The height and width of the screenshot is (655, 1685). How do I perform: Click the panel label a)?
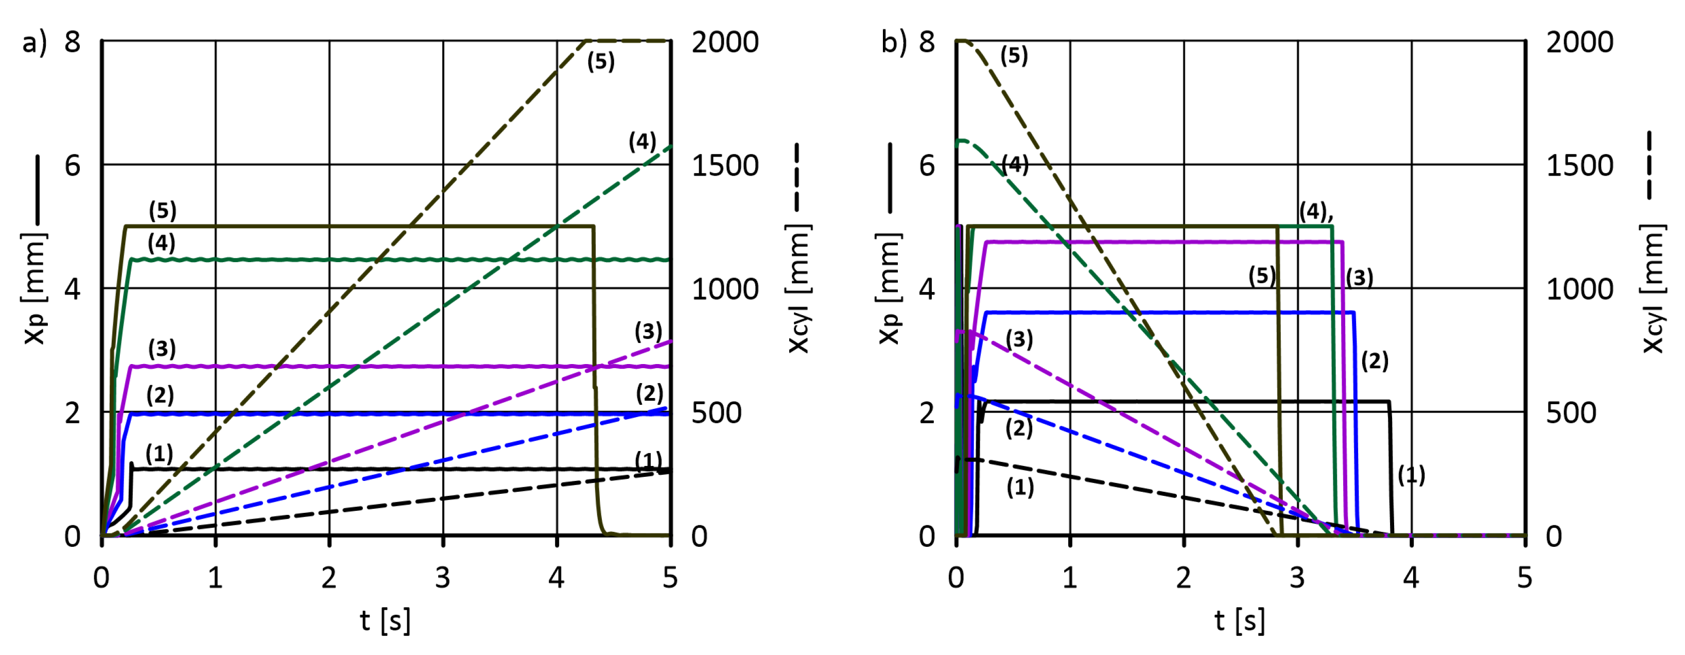point(34,43)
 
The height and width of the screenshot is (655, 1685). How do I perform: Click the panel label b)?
point(893,43)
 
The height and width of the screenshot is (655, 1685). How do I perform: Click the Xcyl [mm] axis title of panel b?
point(1653,288)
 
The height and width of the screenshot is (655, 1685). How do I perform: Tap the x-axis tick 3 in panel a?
point(443,578)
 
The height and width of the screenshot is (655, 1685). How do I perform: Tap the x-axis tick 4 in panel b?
point(1411,578)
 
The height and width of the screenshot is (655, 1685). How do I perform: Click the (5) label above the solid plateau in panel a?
point(162,210)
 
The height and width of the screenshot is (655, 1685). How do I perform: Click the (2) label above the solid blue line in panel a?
point(160,394)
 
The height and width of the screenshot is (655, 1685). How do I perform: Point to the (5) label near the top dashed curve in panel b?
point(1014,56)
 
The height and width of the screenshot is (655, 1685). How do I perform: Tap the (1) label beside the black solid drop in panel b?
point(1411,475)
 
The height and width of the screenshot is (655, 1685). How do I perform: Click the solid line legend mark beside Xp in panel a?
point(37,190)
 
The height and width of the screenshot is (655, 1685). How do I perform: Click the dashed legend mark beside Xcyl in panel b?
point(1649,165)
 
